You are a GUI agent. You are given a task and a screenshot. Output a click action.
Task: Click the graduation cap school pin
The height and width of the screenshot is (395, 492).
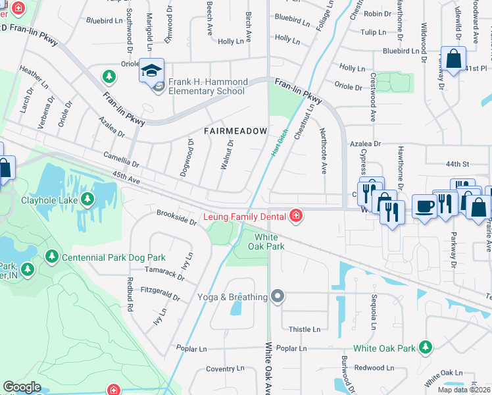[x=151, y=70]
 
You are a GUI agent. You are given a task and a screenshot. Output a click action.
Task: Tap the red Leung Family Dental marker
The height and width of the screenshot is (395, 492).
[x=296, y=216]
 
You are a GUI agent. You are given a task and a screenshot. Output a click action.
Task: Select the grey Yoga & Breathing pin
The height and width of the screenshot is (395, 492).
[x=278, y=297]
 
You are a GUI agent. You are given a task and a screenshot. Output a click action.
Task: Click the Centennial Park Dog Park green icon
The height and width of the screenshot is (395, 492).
[x=53, y=257]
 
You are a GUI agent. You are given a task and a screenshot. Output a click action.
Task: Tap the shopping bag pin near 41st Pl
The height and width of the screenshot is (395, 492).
[x=453, y=59]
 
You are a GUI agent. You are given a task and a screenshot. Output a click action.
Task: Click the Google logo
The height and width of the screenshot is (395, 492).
[x=22, y=386]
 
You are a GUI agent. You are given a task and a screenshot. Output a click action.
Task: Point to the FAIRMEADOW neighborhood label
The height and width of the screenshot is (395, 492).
[x=235, y=131]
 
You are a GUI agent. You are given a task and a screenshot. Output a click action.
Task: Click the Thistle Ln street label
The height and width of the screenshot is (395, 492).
[x=305, y=329]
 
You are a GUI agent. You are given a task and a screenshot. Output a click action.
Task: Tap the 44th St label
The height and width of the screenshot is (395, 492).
[x=456, y=164]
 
